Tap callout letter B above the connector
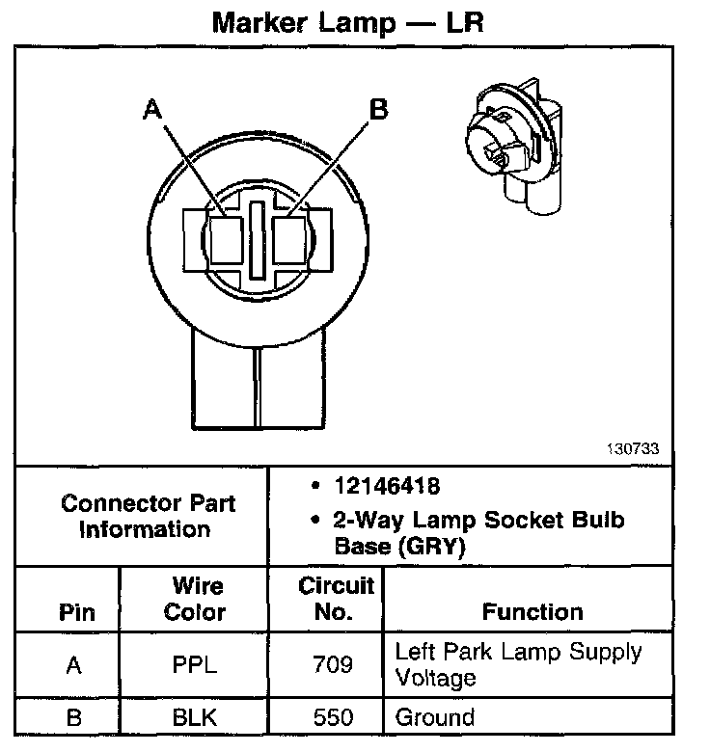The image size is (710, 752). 379,110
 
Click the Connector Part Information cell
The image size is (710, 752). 147,516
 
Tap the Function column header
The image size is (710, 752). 532,611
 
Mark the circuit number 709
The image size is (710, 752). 325,664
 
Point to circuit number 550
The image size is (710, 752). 325,717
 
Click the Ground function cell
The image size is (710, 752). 436,717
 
